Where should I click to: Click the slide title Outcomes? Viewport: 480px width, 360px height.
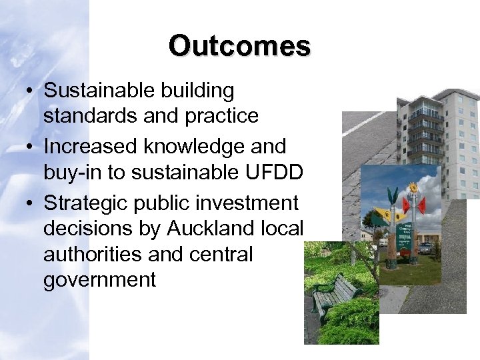pos(239,45)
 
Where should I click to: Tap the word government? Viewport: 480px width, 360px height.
pos(99,280)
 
